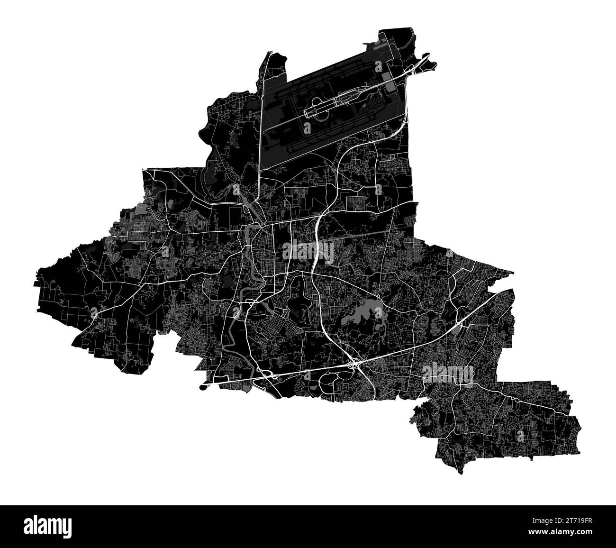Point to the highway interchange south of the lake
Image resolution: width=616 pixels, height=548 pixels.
coord(353,365)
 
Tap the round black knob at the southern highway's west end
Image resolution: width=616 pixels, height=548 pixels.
coord(204,387)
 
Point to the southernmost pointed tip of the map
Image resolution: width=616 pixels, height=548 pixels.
coord(460,472)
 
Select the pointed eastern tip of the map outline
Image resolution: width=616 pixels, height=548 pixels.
coord(513,273)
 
